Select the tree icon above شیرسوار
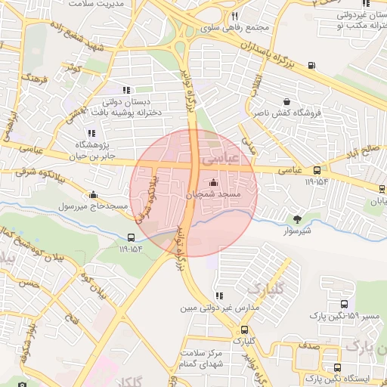pyautogui.click(x=299, y=220)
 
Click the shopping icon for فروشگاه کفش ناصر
pyautogui.click(x=286, y=101)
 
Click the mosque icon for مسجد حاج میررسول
pyautogui.click(x=93, y=194)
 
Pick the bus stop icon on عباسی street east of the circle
pyautogui.click(x=316, y=170)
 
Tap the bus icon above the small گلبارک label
pyautogui.click(x=243, y=330)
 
